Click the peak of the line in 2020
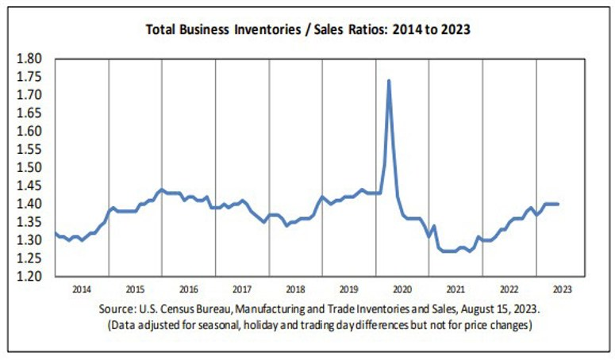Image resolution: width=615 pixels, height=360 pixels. (x=388, y=80)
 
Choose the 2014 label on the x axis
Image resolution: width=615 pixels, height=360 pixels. (x=82, y=289)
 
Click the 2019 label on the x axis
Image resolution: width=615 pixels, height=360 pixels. (x=350, y=289)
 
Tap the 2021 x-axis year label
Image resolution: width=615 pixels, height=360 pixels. (x=455, y=289)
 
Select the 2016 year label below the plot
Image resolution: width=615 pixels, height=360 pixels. (x=189, y=289)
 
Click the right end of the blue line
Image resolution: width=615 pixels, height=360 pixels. (x=558, y=204)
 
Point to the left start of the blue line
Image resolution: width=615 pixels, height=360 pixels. (x=55, y=233)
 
